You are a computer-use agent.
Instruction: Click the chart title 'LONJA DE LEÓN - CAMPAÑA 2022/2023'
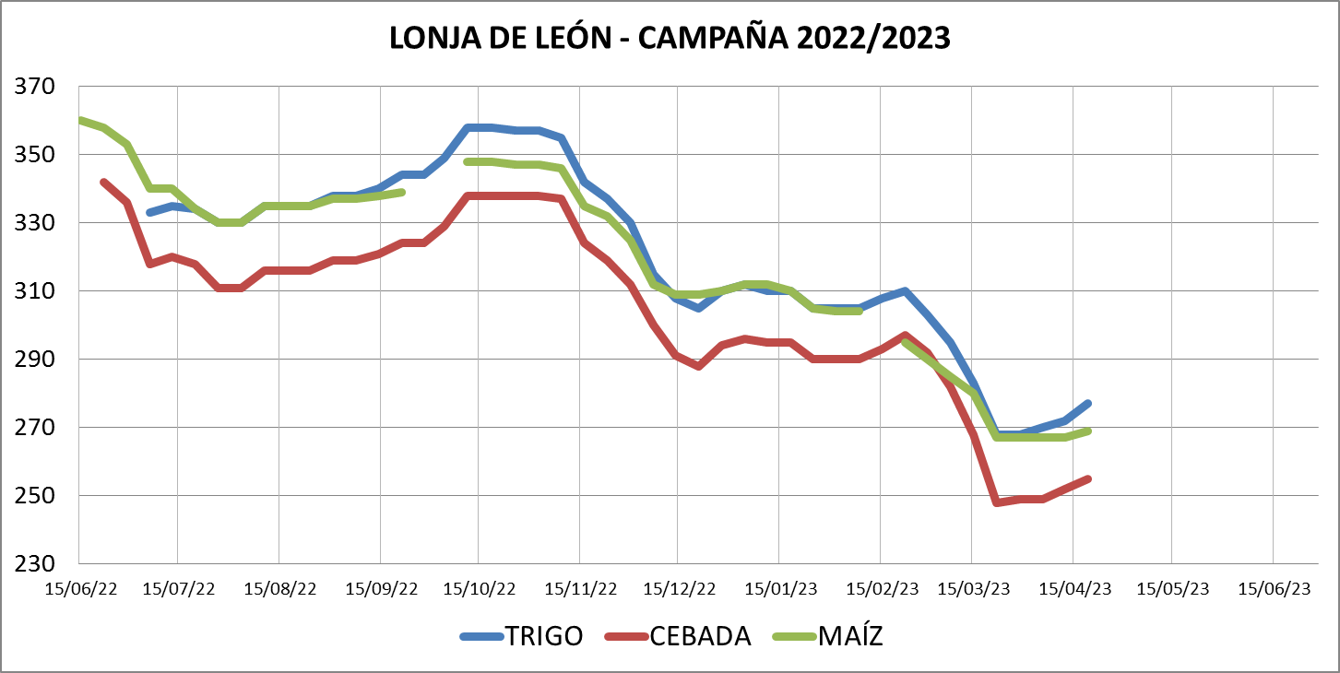coord(670,38)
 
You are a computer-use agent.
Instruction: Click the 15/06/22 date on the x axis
coord(81,588)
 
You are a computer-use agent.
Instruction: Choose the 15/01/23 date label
coord(780,588)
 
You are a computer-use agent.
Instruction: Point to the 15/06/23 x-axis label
coord(1274,588)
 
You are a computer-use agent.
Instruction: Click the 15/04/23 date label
coord(1073,588)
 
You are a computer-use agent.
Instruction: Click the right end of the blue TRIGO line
coord(1089,403)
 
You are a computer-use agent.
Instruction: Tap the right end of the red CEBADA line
coord(1089,478)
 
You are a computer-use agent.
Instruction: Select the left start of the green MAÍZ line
coord(81,121)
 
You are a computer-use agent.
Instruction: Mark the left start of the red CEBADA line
coord(102,182)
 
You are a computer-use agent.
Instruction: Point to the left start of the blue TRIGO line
coord(149,213)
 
